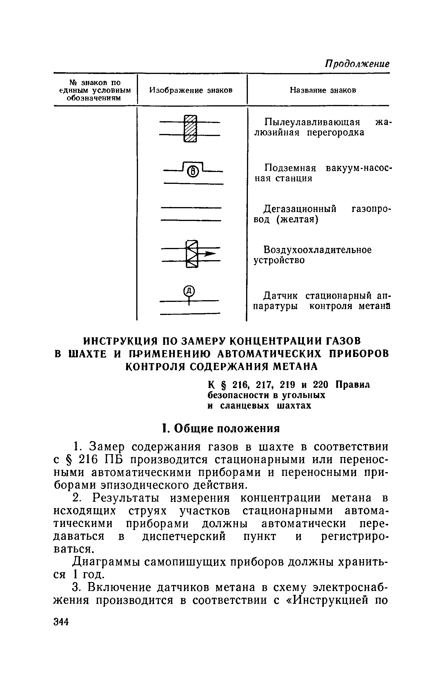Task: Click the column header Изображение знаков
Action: pyautogui.click(x=191, y=90)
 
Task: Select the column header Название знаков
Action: pyautogui.click(x=323, y=90)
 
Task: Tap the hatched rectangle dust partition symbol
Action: pyautogui.click(x=190, y=129)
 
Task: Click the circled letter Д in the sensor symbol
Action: pyautogui.click(x=189, y=290)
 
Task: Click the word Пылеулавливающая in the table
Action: pyautogui.click(x=312, y=122)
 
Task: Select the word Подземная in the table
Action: pyautogui.click(x=290, y=168)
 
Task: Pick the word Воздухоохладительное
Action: pyautogui.click(x=317, y=250)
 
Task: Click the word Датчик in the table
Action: pyautogui.click(x=280, y=296)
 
